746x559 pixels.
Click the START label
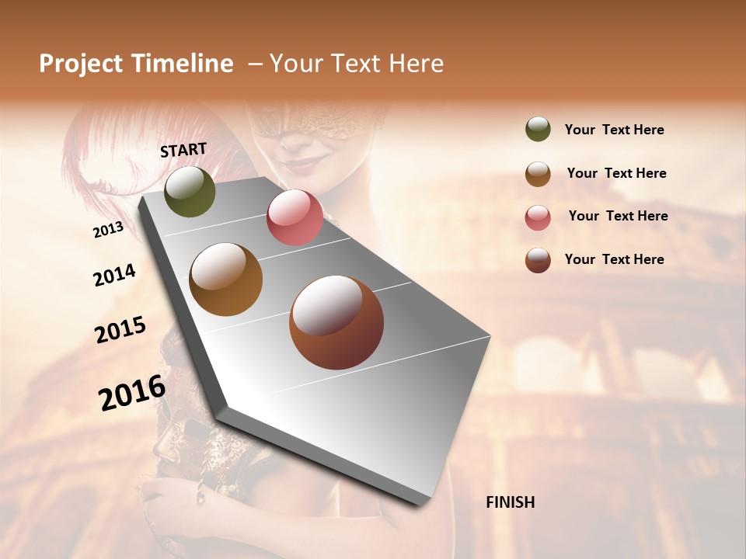(183, 150)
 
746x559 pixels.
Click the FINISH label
(510, 502)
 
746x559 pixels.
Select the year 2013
(108, 230)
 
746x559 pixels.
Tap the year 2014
(114, 276)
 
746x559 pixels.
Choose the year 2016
(132, 393)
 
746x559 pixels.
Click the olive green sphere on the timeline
(190, 191)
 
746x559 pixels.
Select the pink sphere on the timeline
(295, 217)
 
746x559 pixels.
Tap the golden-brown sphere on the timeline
(225, 279)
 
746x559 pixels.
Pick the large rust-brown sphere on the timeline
(336, 322)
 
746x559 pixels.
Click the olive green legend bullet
(538, 130)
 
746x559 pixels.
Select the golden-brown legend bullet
(538, 174)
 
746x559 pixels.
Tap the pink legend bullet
(538, 217)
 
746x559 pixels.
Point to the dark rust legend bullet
(538, 260)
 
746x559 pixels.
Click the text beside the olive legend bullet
(614, 130)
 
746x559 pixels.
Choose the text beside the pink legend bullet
(618, 216)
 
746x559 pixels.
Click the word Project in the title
(81, 64)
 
